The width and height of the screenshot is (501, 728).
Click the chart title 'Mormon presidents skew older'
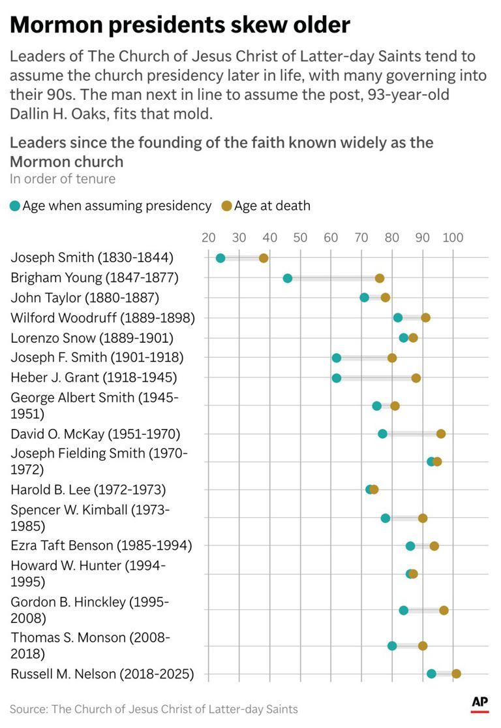pos(180,25)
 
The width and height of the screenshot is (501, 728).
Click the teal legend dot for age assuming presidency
pos(15,206)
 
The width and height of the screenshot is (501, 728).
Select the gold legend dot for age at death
pos(226,206)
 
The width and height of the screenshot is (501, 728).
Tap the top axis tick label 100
pos(453,237)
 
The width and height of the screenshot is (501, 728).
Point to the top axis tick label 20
pos(209,237)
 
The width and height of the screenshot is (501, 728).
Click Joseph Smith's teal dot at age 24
pos(220,259)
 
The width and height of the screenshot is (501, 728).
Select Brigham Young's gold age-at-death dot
pos(380,278)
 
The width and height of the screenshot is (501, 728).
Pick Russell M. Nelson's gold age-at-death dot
pos(456,674)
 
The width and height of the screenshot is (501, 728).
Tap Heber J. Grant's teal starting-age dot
pos(337,378)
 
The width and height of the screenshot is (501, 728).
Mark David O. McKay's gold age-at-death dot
pos(441,434)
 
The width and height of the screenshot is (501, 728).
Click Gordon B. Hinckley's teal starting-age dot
pos(404,610)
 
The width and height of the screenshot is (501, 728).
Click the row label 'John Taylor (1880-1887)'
pos(85,298)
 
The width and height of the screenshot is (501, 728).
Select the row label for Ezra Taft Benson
pos(101,545)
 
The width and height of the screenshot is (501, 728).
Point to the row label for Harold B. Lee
pos(88,489)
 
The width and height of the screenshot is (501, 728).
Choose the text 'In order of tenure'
pos(63,179)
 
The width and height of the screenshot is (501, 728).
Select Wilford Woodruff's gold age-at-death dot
pos(425,318)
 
